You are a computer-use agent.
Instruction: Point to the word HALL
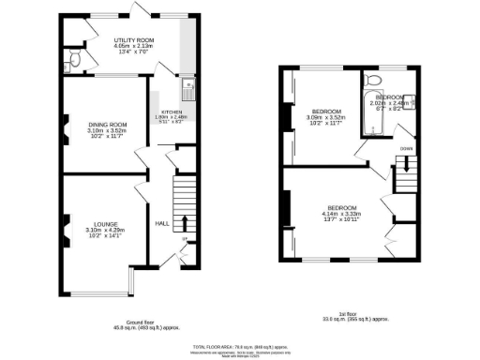pyautogui.click(x=162, y=223)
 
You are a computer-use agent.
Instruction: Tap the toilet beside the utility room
pyautogui.click(x=75, y=60)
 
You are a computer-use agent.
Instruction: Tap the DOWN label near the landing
pyautogui.click(x=405, y=149)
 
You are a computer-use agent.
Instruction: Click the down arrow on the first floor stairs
pyautogui.click(x=406, y=169)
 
